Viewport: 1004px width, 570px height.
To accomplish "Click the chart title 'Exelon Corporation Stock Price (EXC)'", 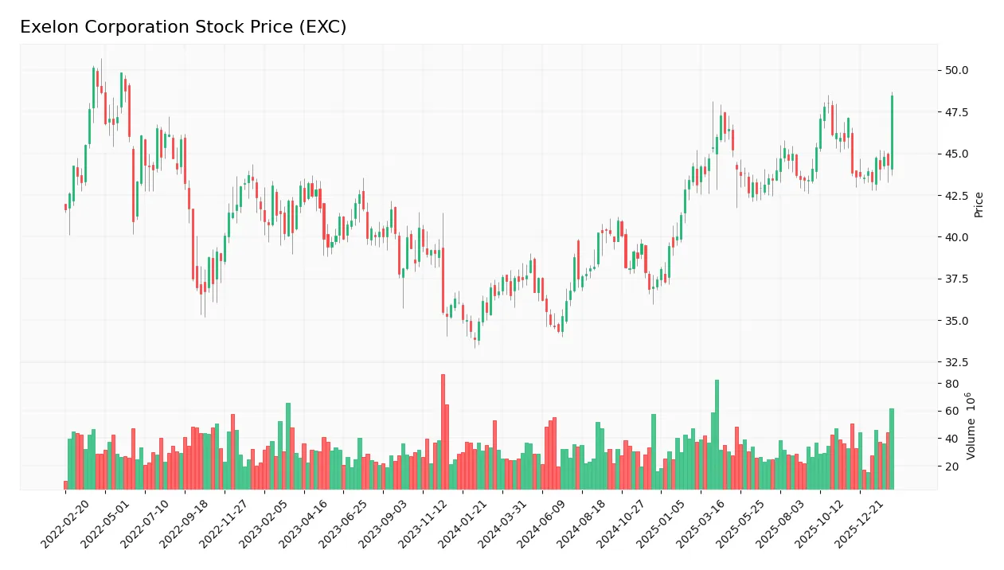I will point(183,27).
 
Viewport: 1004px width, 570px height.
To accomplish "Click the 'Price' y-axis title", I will point(979,205).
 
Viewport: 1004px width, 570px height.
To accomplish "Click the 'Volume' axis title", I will point(971,426).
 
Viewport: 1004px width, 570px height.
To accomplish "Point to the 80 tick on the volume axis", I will point(951,384).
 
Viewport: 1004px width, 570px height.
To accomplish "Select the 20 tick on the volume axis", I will point(951,467).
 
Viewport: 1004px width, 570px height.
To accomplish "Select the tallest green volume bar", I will point(717,434).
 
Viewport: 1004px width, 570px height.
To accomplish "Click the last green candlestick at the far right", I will point(892,131).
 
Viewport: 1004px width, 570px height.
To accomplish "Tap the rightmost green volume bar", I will point(892,448).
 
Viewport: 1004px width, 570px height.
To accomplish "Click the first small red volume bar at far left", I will point(65,485).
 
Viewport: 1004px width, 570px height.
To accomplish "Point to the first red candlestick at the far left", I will point(65,207).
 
